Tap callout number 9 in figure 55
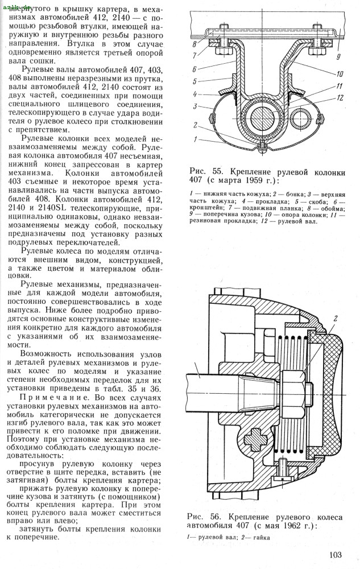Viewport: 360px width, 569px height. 338,56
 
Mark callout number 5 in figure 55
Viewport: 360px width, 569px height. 194,81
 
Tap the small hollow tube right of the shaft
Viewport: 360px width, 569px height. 300,119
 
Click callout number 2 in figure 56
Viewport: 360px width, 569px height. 336,318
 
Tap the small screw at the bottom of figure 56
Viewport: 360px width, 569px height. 281,471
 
